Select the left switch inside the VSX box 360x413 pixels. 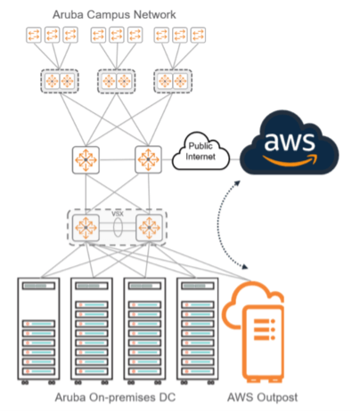point(86,226)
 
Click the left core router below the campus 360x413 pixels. point(86,161)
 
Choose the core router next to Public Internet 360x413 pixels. point(148,161)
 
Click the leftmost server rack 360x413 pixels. point(41,330)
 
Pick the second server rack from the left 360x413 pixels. point(94,330)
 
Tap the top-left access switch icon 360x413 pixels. point(35,36)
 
